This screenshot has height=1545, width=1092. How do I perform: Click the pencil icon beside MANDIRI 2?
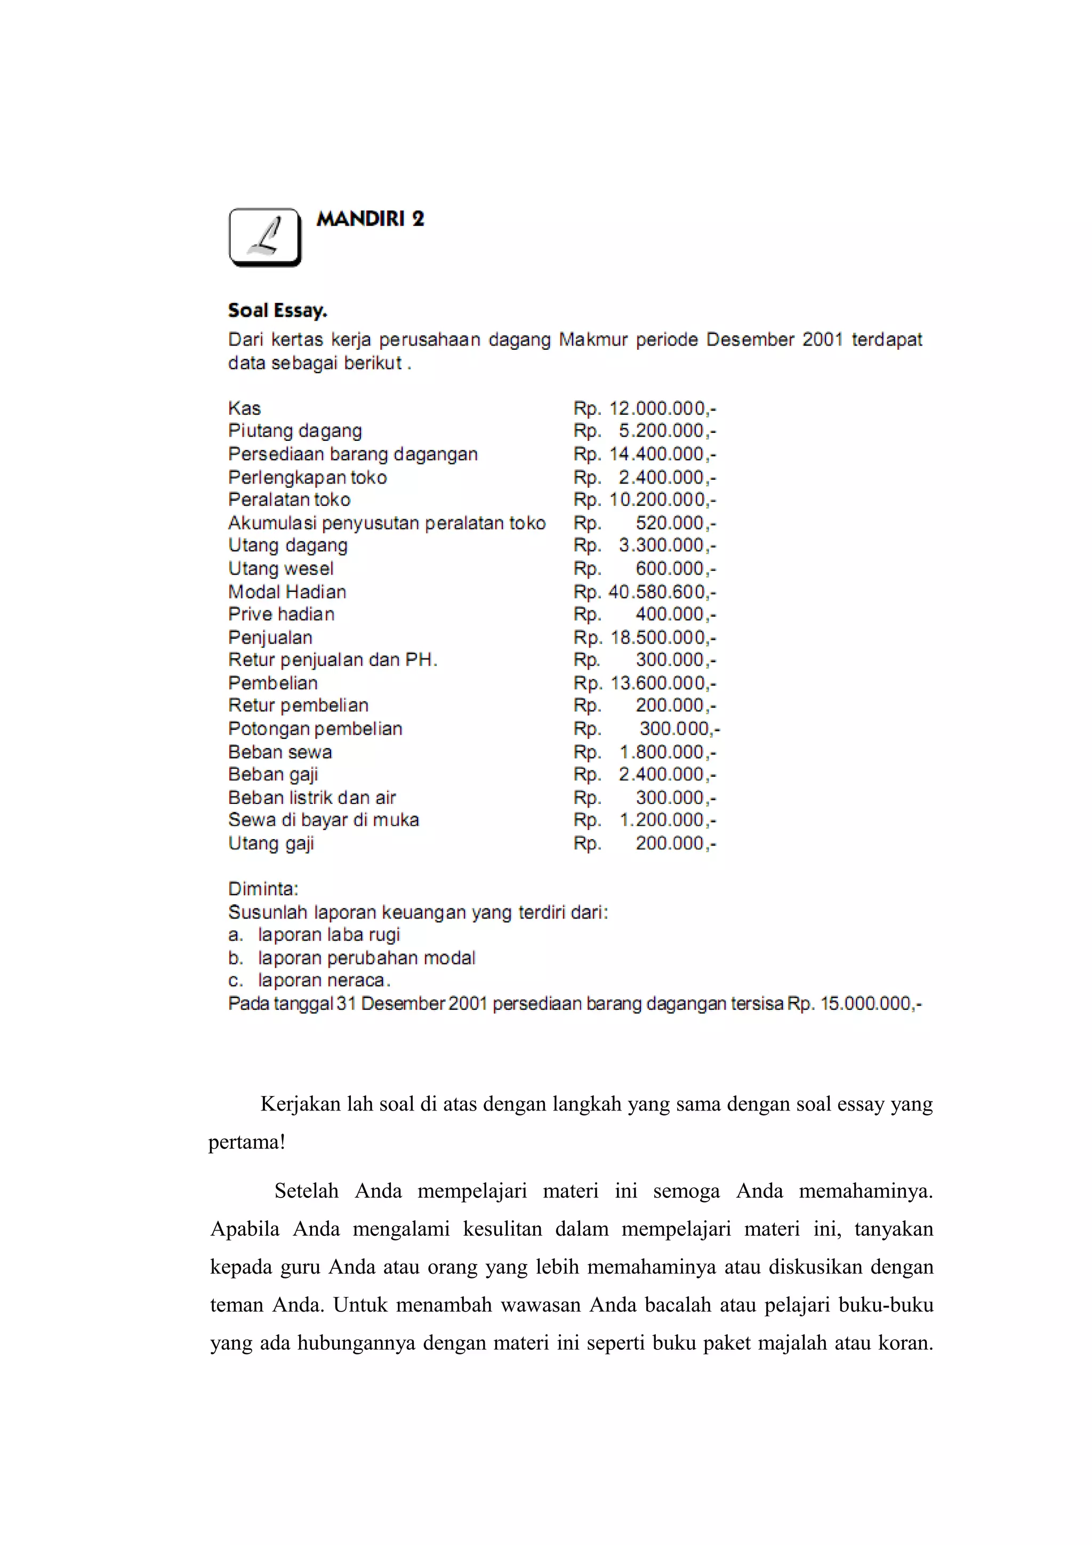pos(265,237)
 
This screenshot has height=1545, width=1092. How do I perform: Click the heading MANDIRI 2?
pos(370,219)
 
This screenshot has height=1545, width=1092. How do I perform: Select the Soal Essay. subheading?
pos(277,310)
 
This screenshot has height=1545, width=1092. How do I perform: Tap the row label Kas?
pos(244,408)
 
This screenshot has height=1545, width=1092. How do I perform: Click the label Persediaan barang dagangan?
pos(352,454)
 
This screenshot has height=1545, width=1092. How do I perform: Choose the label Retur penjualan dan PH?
pos(332,659)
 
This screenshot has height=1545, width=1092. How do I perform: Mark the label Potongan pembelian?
pos(315,728)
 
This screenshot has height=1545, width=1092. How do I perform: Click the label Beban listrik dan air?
pos(311,798)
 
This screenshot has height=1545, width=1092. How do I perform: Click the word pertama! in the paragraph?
pos(247,1142)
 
